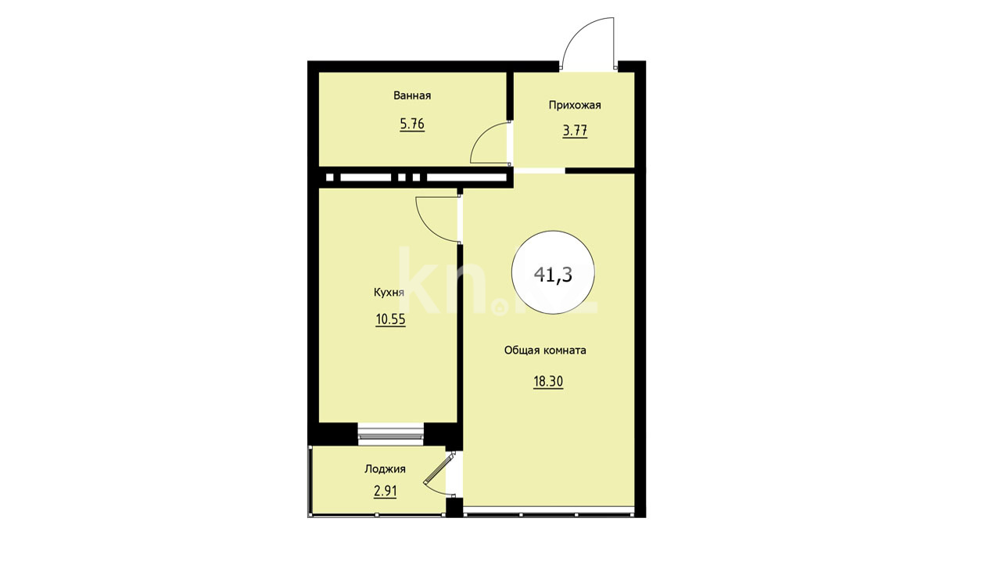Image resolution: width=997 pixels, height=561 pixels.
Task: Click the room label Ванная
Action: [x=412, y=95]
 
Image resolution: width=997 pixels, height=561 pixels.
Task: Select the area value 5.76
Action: [x=412, y=124]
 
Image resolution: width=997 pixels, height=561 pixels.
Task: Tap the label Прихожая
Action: [x=575, y=105]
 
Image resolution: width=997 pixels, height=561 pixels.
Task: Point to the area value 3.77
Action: [x=575, y=131]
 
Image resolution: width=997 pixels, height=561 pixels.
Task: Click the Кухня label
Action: [x=389, y=293]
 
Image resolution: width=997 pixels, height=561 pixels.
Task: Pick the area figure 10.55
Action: [x=390, y=320]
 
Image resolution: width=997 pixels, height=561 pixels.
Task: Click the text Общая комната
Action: [x=545, y=351]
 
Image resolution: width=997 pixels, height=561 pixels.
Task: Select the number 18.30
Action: [x=548, y=382]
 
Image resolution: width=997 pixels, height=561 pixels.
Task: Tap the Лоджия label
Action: [x=385, y=469]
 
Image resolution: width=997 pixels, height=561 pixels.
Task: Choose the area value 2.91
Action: [x=385, y=491]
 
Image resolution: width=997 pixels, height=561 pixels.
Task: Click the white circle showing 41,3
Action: [x=554, y=273]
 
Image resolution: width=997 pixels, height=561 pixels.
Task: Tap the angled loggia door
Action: [x=439, y=473]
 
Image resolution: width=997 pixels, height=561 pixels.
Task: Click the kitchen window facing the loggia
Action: [x=391, y=434]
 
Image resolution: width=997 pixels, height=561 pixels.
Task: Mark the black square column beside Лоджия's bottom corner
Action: [x=454, y=508]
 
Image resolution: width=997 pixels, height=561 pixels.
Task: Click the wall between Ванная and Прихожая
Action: [x=510, y=96]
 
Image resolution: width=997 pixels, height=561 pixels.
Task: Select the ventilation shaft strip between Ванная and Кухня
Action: [x=416, y=178]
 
